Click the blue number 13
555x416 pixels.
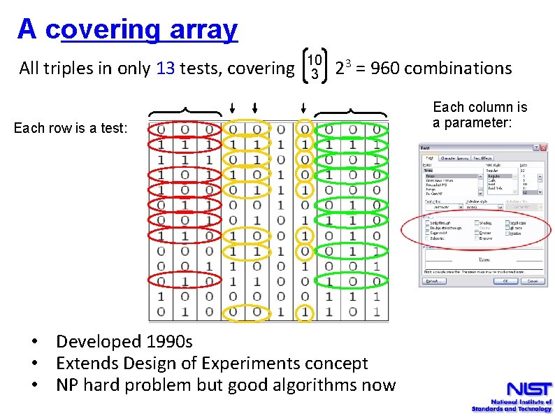166,69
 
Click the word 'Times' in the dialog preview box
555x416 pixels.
482,257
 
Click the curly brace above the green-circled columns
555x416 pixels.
350,110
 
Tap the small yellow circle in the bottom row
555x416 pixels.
304,312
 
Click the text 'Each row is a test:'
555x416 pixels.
71,128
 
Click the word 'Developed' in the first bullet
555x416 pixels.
99,341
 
